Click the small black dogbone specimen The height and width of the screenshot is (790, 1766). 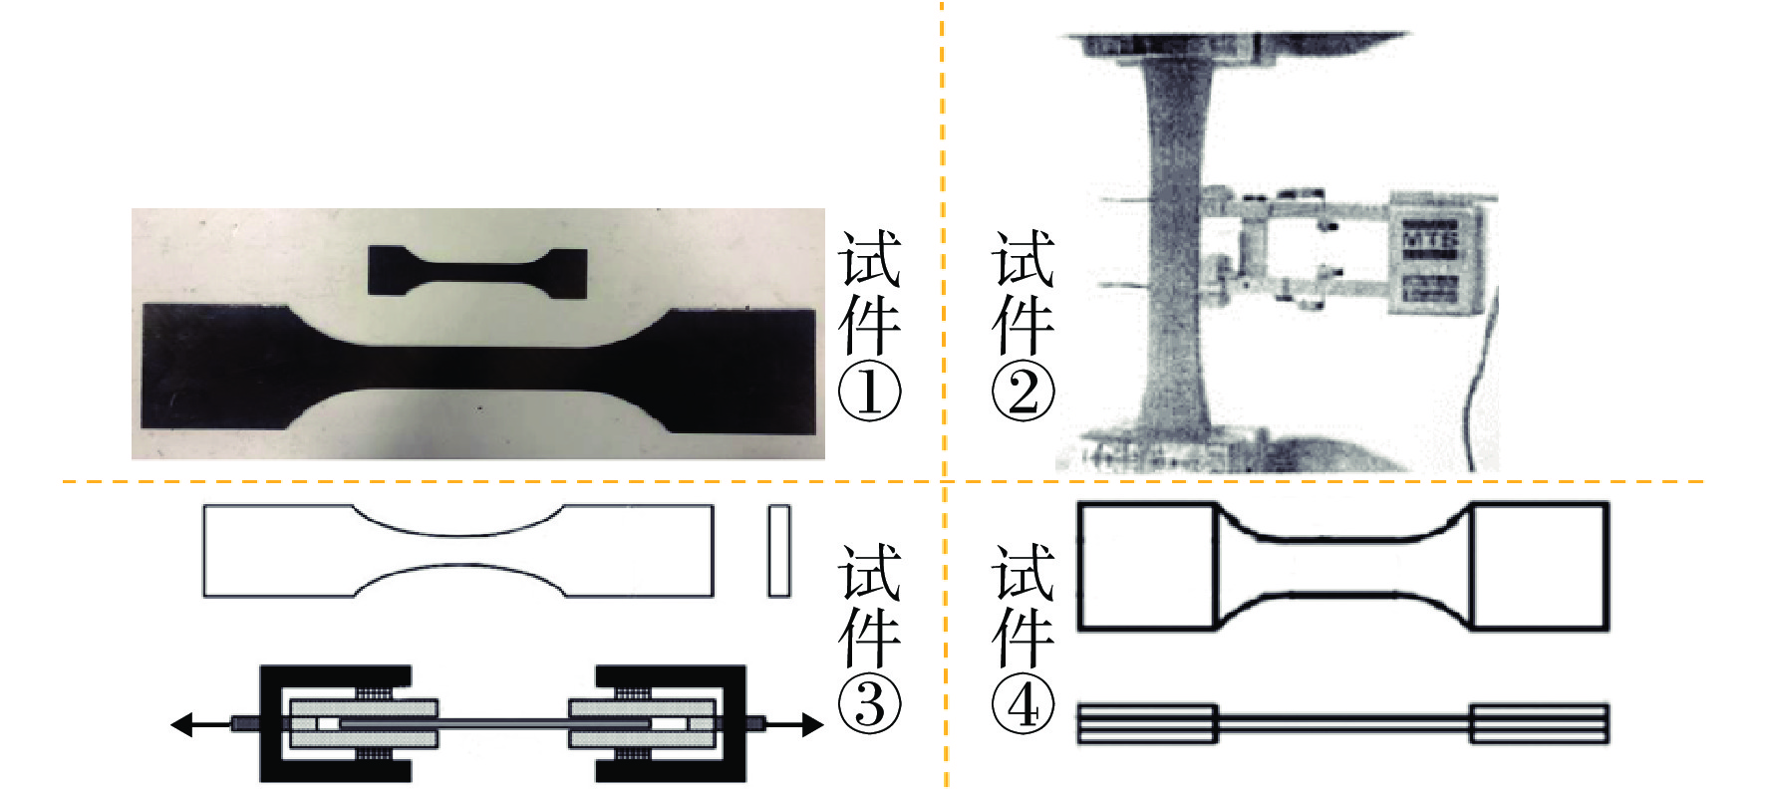[x=477, y=271]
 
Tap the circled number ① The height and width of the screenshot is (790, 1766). [x=870, y=392]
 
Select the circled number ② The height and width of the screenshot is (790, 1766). [x=1024, y=392]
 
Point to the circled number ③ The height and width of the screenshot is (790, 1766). [x=870, y=704]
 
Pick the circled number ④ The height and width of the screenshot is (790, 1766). [x=1024, y=704]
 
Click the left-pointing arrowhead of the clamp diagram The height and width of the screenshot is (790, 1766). [x=181, y=724]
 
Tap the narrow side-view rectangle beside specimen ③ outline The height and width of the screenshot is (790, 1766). [x=779, y=551]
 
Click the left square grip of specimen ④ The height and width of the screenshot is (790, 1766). [x=1148, y=566]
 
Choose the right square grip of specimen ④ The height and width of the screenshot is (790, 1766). [x=1540, y=566]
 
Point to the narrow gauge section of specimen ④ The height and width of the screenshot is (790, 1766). [x=1344, y=566]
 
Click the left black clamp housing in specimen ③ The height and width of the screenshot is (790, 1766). [x=335, y=723]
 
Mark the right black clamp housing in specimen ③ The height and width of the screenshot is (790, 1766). [x=670, y=723]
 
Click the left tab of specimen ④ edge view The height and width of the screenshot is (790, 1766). [x=1147, y=724]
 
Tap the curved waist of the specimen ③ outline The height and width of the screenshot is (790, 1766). [x=459, y=551]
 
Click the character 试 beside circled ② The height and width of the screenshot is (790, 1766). [x=1024, y=259]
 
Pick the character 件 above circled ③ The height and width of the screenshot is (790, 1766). [x=870, y=636]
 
